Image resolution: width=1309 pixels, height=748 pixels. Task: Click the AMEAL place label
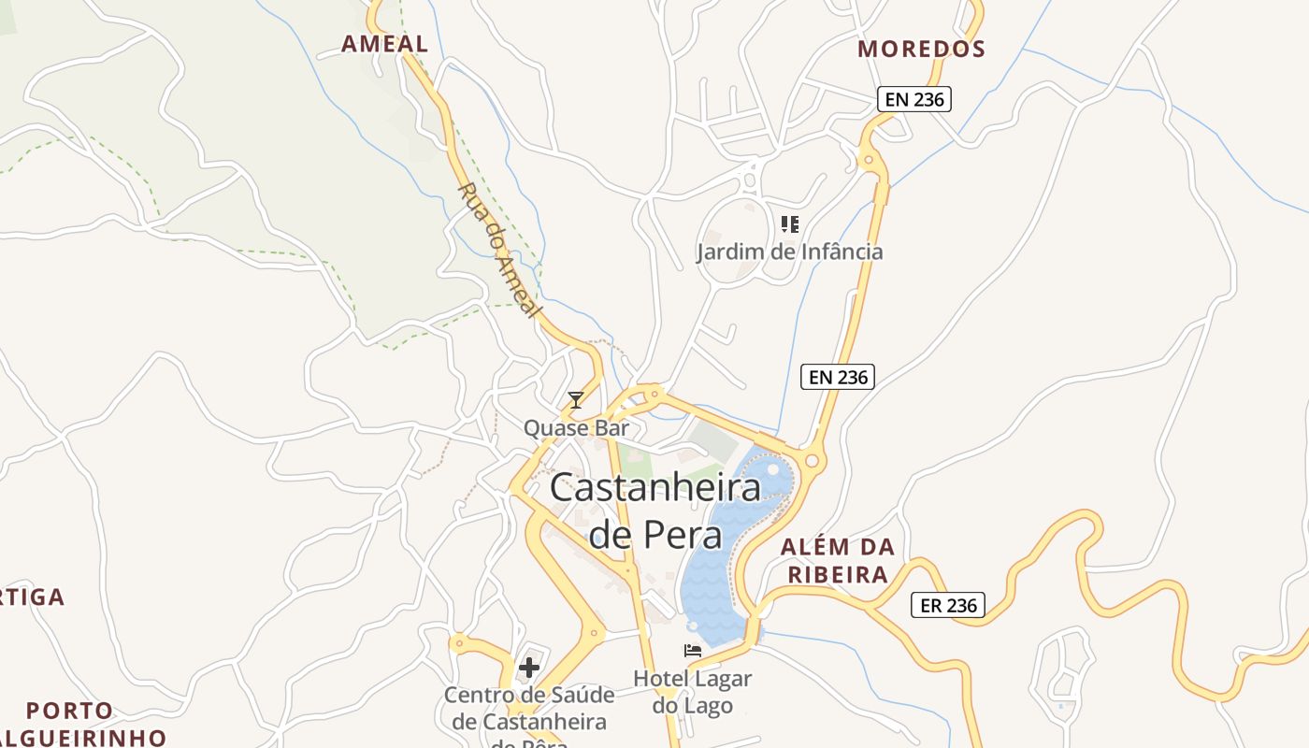tap(384, 44)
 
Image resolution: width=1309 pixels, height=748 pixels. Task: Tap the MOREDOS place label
tap(921, 49)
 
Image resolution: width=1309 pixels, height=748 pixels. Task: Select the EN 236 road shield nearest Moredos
tap(913, 99)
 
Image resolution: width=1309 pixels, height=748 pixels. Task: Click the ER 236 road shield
tap(948, 605)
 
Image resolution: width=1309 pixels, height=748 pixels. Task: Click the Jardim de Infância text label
tap(789, 252)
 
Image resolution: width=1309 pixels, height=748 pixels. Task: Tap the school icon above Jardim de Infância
tap(790, 224)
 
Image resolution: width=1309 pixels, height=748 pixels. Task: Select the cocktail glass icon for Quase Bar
tap(576, 400)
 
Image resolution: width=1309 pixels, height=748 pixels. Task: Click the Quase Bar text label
tap(576, 428)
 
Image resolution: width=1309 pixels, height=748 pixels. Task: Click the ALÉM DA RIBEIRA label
tap(838, 561)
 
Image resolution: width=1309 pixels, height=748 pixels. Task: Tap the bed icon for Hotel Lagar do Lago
tap(693, 651)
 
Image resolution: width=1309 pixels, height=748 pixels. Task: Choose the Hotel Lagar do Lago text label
tap(693, 692)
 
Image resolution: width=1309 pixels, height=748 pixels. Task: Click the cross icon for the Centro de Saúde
tap(529, 668)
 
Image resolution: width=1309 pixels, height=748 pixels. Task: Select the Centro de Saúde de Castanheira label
tap(529, 709)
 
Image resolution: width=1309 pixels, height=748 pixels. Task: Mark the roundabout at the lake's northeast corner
tap(811, 460)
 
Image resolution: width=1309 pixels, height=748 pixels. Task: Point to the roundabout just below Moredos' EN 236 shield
tap(870, 161)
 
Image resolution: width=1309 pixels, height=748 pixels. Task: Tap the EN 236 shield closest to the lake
tap(837, 377)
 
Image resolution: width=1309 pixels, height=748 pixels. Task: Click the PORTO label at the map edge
tap(69, 711)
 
